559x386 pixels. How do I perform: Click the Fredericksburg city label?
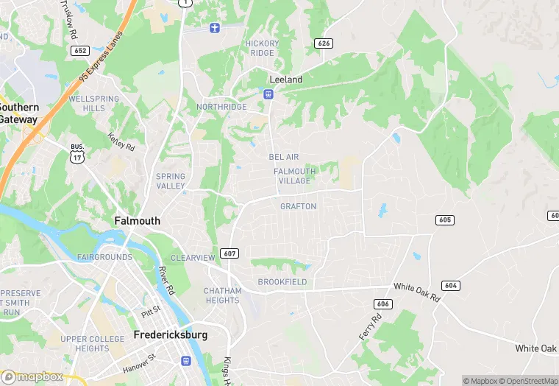(x=171, y=334)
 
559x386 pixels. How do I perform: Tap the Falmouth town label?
(x=137, y=220)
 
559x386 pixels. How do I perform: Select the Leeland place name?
(x=286, y=79)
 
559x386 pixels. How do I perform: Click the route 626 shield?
(x=324, y=43)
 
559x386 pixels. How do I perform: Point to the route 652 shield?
(x=80, y=50)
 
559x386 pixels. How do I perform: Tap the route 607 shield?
(x=229, y=253)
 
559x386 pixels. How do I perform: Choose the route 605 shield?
(x=444, y=220)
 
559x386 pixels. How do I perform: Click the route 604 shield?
(x=451, y=285)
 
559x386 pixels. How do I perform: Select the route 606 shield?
(x=382, y=303)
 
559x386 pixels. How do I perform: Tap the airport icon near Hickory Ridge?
(x=215, y=28)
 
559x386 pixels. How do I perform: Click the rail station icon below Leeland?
(x=269, y=94)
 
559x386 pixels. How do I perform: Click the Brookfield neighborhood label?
(x=282, y=282)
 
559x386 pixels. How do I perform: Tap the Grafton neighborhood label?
(x=298, y=206)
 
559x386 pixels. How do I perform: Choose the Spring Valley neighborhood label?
(x=171, y=181)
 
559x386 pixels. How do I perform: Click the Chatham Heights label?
(x=222, y=295)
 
